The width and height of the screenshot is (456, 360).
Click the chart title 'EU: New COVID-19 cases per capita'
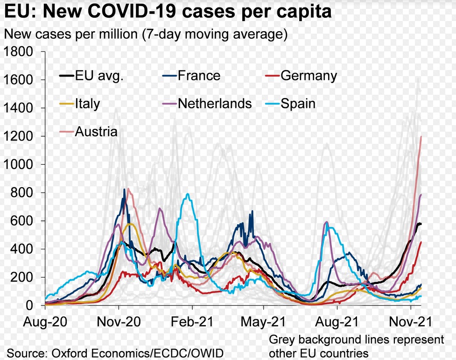tap(168, 12)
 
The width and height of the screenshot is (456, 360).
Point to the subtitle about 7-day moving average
tap(145, 34)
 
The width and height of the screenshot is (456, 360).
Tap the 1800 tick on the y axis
tap(18, 51)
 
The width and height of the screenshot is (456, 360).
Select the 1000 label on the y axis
tap(18, 164)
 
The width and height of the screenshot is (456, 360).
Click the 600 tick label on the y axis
tap(22, 221)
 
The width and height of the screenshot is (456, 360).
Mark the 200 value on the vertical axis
tap(22, 277)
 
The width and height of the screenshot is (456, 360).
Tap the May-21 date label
tap(263, 322)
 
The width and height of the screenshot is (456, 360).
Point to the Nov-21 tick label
tap(409, 322)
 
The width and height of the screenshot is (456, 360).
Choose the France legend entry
tap(199, 76)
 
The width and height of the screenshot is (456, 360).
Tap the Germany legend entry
tap(308, 76)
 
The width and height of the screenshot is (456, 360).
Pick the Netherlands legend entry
tap(214, 103)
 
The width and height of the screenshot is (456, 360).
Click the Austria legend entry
tap(96, 131)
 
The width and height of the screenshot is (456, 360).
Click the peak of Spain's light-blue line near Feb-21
tap(188, 194)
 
